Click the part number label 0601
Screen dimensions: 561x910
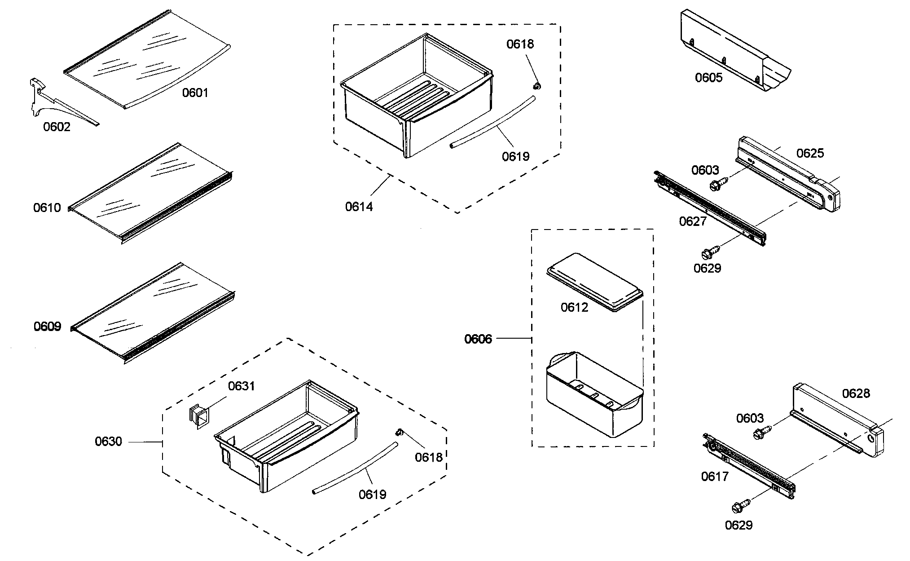(195, 93)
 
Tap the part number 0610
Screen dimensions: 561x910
(47, 208)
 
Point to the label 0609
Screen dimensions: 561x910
(47, 327)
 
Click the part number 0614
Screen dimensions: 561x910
(359, 207)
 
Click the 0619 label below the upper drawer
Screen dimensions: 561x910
(515, 156)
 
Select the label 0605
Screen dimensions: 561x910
(708, 78)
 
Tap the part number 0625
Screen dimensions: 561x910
(810, 154)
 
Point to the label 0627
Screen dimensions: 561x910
(692, 221)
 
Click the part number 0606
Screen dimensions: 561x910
(478, 339)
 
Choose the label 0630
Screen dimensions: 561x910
(108, 442)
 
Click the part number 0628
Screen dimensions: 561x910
(856, 394)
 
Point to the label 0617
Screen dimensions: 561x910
(714, 477)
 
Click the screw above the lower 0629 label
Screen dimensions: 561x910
(741, 506)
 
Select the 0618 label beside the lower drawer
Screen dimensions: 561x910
(428, 457)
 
